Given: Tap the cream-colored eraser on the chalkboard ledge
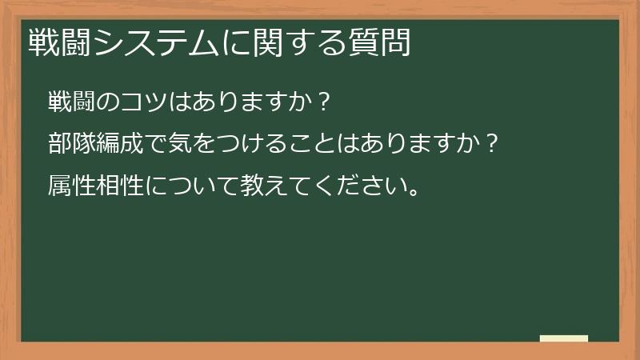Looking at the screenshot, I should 564,338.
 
